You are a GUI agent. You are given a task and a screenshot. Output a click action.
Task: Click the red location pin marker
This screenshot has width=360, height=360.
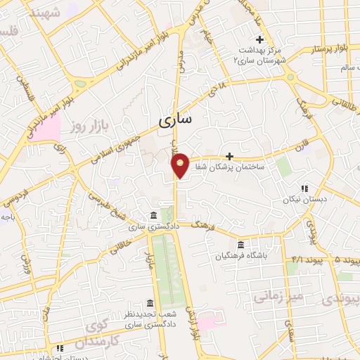pos(180,165)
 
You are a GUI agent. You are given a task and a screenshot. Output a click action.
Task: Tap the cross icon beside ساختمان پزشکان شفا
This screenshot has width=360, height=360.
pos(229,156)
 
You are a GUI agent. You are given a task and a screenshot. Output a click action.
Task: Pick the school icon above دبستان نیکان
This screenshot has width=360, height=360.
pos(304,188)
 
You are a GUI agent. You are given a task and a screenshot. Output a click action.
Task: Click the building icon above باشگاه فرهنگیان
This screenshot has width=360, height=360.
pos(241,245)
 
